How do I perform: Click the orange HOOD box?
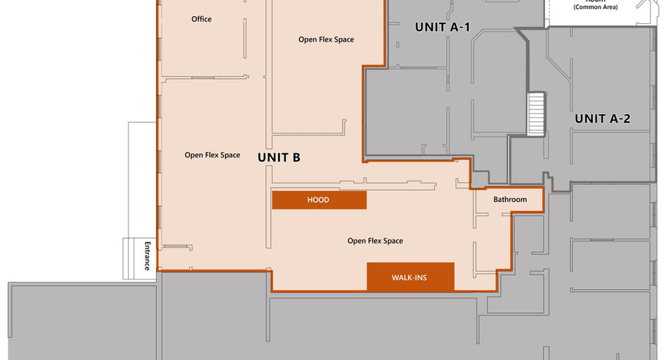click(319, 200)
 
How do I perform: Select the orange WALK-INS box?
click(411, 277)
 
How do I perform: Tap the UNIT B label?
click(279, 157)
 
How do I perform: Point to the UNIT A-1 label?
click(443, 28)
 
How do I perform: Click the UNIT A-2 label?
click(602, 119)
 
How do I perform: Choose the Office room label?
click(201, 19)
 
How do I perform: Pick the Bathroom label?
click(510, 199)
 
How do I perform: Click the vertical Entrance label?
click(148, 256)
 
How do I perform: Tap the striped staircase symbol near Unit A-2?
click(536, 114)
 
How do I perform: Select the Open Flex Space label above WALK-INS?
click(375, 241)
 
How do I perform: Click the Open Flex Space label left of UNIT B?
click(212, 155)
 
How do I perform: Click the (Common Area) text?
click(596, 7)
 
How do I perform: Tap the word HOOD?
click(318, 200)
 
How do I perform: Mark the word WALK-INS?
click(409, 278)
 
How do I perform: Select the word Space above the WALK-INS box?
click(393, 241)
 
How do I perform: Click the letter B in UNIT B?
click(295, 157)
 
